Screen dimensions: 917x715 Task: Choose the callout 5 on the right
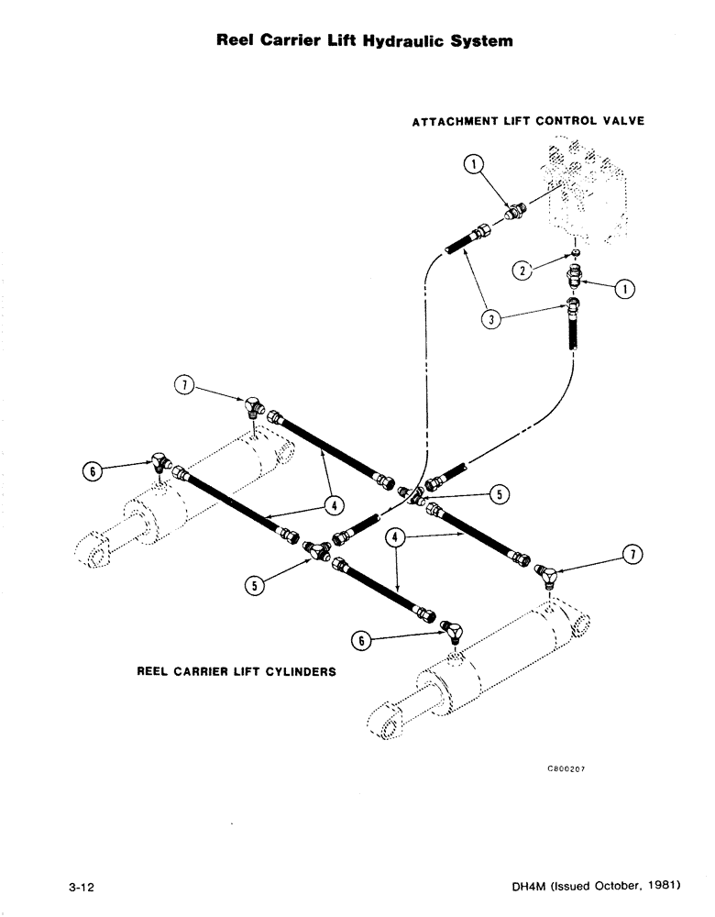499,494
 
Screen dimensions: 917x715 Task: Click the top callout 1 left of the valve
472,165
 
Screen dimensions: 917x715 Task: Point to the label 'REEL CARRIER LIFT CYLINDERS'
236,671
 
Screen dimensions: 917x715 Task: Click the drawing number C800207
565,770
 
